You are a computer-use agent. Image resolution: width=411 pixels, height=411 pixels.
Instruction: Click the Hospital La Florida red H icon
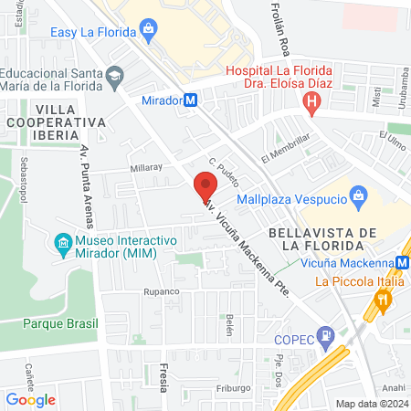pos(312,105)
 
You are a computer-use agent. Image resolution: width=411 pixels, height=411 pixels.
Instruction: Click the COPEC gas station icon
pos(325,337)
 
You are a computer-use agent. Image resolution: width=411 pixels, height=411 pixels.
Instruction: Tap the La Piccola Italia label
pos(359,281)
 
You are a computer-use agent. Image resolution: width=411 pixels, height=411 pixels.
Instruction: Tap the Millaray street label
pos(146,168)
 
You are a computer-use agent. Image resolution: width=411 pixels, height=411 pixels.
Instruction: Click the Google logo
pos(30,399)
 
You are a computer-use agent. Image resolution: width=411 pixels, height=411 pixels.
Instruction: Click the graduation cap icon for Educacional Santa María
pos(114,75)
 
